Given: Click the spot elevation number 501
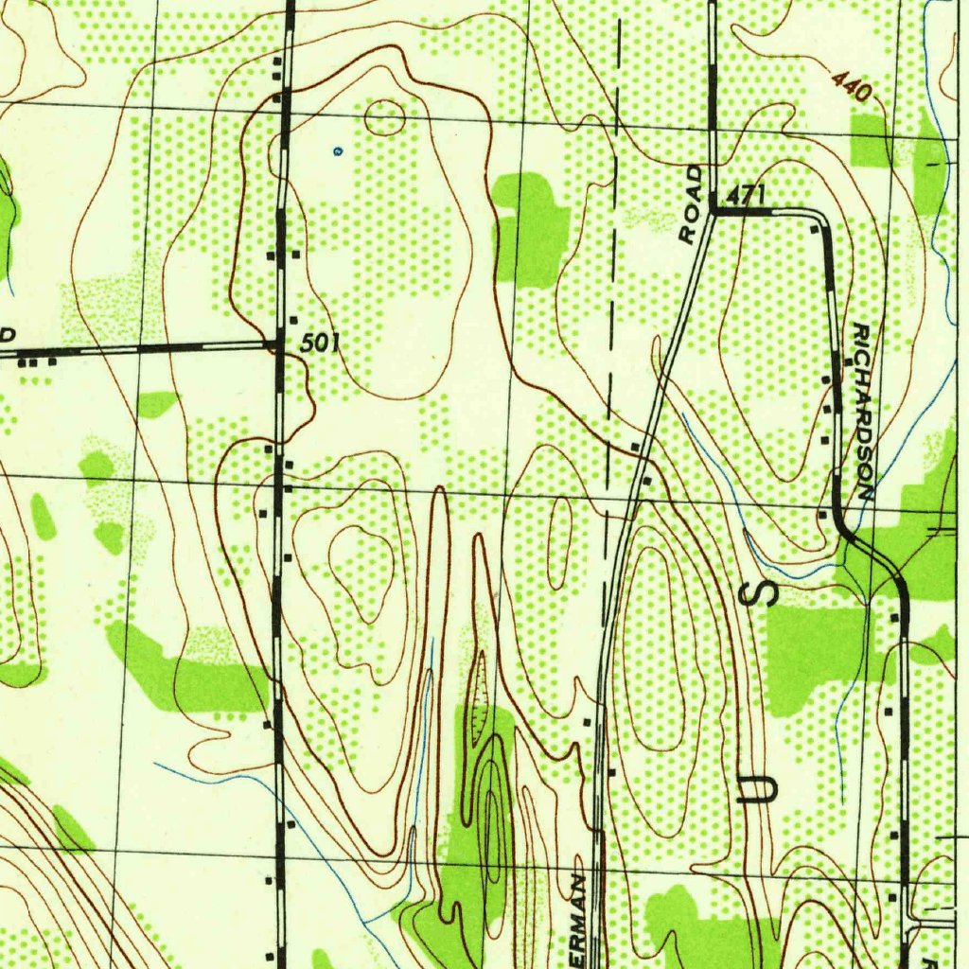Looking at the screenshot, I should [320, 345].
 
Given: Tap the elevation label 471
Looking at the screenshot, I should [746, 196].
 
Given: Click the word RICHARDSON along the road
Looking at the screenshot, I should [863, 411].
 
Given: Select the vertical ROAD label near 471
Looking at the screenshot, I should [693, 205].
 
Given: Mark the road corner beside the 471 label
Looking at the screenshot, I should [713, 213].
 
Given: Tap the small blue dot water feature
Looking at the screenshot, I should [338, 150].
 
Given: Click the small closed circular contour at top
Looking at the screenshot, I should [384, 117].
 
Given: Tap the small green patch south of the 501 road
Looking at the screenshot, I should [156, 404].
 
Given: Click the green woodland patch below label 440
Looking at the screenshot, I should [871, 140].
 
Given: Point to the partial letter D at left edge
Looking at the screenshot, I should [8, 336].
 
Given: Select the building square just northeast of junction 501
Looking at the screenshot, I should [293, 320].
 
